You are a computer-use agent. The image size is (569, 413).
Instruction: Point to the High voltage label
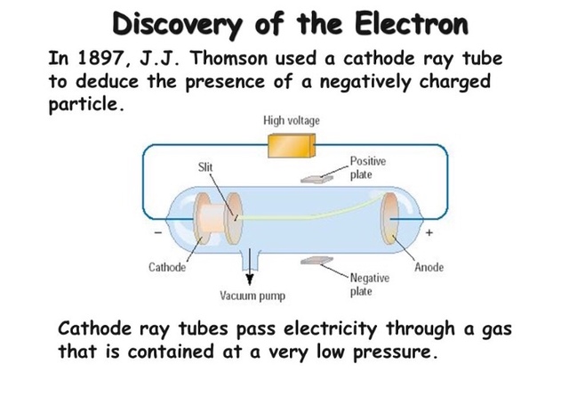point(291,119)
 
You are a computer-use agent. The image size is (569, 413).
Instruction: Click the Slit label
point(205,166)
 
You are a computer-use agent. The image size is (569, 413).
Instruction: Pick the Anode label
point(429,267)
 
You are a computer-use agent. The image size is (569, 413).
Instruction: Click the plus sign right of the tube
point(429,233)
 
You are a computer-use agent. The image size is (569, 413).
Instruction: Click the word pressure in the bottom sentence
point(392,350)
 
